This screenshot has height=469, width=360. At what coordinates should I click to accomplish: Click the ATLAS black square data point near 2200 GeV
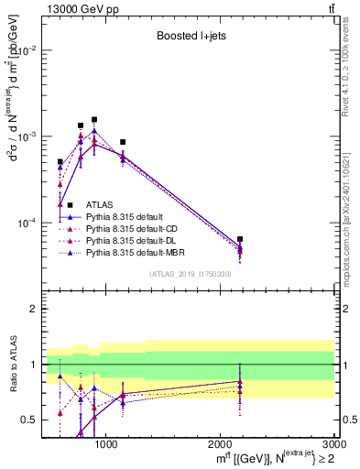point(240,239)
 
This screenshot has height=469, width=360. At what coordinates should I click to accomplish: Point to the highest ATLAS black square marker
point(94,119)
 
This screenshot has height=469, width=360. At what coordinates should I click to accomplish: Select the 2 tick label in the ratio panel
point(37,309)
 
